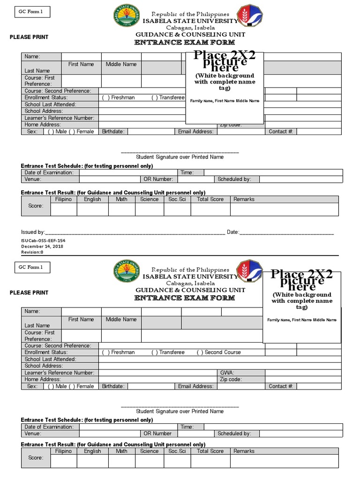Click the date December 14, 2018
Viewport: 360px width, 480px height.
click(x=42, y=246)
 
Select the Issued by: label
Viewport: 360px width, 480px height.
click(x=33, y=232)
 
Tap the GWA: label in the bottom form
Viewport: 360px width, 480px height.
click(x=227, y=373)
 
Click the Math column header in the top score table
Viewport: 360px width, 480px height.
click(x=121, y=199)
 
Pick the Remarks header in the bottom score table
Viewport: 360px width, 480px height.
click(x=244, y=451)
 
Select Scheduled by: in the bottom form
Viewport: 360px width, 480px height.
click(x=234, y=434)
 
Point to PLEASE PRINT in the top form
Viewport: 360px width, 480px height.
click(x=29, y=37)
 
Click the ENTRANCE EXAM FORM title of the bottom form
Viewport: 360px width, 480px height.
click(x=185, y=298)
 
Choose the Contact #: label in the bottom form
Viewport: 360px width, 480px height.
click(x=281, y=386)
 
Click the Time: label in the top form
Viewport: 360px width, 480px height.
click(x=187, y=172)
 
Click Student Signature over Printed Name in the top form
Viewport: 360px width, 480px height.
click(x=180, y=157)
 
